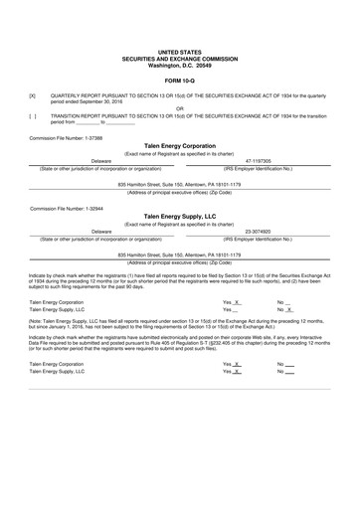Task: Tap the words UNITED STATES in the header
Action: pos(180,50)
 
